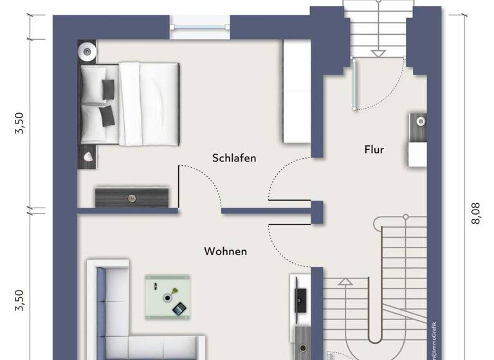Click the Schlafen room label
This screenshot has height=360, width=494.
coord(234,157)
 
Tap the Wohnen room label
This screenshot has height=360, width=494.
coord(225,251)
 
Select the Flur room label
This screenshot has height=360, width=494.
coord(374,150)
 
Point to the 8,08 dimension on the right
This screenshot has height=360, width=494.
coord(476,213)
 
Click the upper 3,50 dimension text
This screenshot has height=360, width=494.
coord(20,123)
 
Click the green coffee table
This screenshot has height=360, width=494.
coord(167,296)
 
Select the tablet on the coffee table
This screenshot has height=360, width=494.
coord(179,309)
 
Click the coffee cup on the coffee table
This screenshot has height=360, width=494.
coord(167,298)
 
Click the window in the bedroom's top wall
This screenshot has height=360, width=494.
coord(199,26)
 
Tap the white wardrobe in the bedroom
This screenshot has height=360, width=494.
coord(297,91)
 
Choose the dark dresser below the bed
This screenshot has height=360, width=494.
coord(131,197)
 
